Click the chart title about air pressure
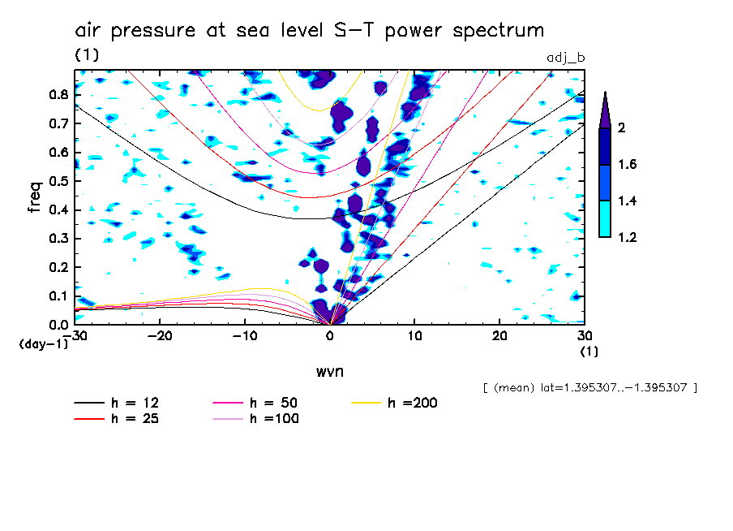point(309,31)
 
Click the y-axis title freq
point(34,196)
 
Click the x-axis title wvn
point(329,371)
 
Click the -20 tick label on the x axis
point(160,336)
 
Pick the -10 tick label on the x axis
point(245,336)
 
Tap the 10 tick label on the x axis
point(414,336)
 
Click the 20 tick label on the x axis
point(499,336)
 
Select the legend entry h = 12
point(118,404)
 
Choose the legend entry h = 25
point(118,419)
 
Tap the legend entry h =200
point(395,404)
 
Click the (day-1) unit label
point(44,344)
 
